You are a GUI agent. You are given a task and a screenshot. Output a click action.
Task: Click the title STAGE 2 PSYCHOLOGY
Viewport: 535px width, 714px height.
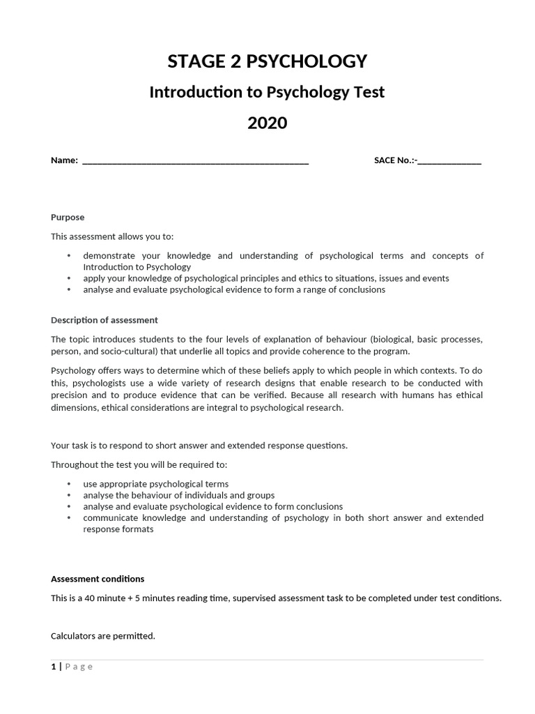tap(267, 61)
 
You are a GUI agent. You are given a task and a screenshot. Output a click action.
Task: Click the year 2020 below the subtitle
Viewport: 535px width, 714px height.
tap(267, 123)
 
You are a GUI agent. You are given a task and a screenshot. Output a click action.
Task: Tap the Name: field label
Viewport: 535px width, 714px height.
tap(64, 160)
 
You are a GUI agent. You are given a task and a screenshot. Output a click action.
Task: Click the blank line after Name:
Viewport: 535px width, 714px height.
tap(195, 161)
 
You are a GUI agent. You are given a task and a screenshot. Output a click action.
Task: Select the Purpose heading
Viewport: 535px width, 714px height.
tap(68, 218)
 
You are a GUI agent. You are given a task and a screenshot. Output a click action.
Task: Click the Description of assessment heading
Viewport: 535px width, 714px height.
tap(104, 320)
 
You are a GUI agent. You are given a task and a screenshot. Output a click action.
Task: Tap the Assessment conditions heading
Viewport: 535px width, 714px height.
tap(98, 579)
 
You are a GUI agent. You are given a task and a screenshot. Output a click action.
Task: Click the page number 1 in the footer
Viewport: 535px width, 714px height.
tap(53, 667)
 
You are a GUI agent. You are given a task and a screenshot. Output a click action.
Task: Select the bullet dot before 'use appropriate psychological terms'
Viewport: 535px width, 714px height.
tap(69, 484)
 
